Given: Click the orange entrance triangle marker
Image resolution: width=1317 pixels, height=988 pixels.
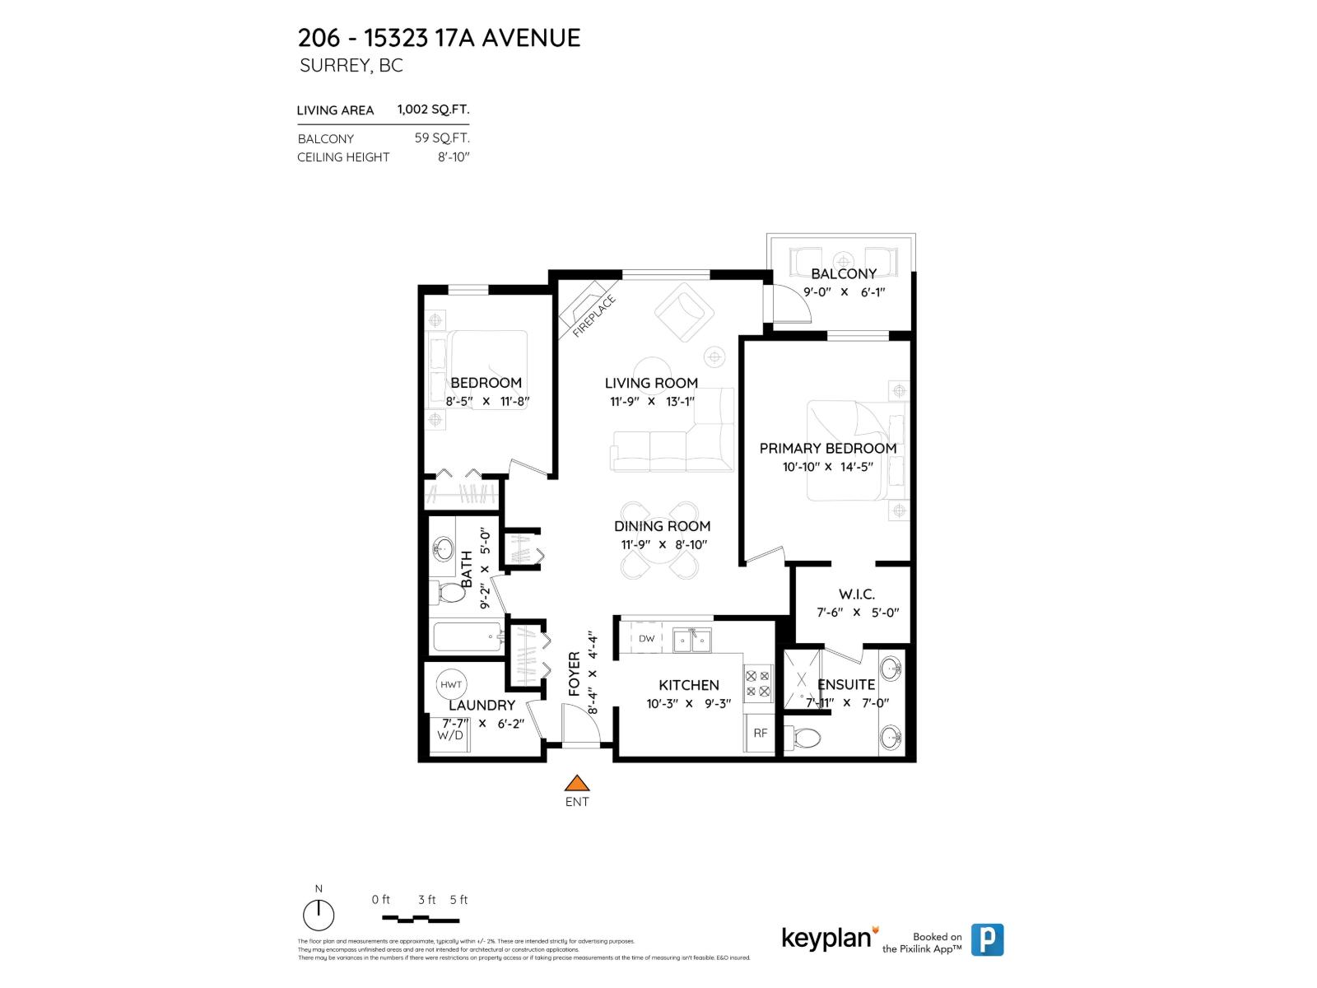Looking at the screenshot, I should [x=578, y=783].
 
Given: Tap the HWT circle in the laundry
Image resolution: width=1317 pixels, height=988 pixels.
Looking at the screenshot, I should [x=451, y=684].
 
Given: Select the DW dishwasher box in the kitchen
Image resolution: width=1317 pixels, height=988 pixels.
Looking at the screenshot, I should [x=647, y=639].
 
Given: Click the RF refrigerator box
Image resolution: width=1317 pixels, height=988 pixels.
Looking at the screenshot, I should [x=761, y=733].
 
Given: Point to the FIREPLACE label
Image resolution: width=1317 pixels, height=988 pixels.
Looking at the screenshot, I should [x=593, y=316].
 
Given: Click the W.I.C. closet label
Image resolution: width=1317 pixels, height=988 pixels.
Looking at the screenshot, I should [x=857, y=594].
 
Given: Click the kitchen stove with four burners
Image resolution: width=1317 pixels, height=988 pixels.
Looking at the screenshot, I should [x=758, y=683].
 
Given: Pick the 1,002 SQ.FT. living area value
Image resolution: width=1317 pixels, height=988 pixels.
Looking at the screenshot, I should [x=433, y=109].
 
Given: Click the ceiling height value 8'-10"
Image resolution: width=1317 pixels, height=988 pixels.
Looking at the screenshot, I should [x=453, y=156].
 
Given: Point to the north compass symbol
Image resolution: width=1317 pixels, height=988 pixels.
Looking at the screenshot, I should [x=319, y=914].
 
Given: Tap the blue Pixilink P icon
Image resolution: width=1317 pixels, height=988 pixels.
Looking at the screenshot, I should [x=987, y=939].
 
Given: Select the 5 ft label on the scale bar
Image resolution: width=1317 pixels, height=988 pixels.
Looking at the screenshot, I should [x=458, y=900].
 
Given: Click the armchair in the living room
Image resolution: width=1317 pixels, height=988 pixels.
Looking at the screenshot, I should [x=683, y=312].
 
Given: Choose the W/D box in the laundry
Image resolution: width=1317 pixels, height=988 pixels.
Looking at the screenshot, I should [x=450, y=734].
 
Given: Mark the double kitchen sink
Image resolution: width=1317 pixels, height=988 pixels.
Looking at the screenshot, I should [x=691, y=640].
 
